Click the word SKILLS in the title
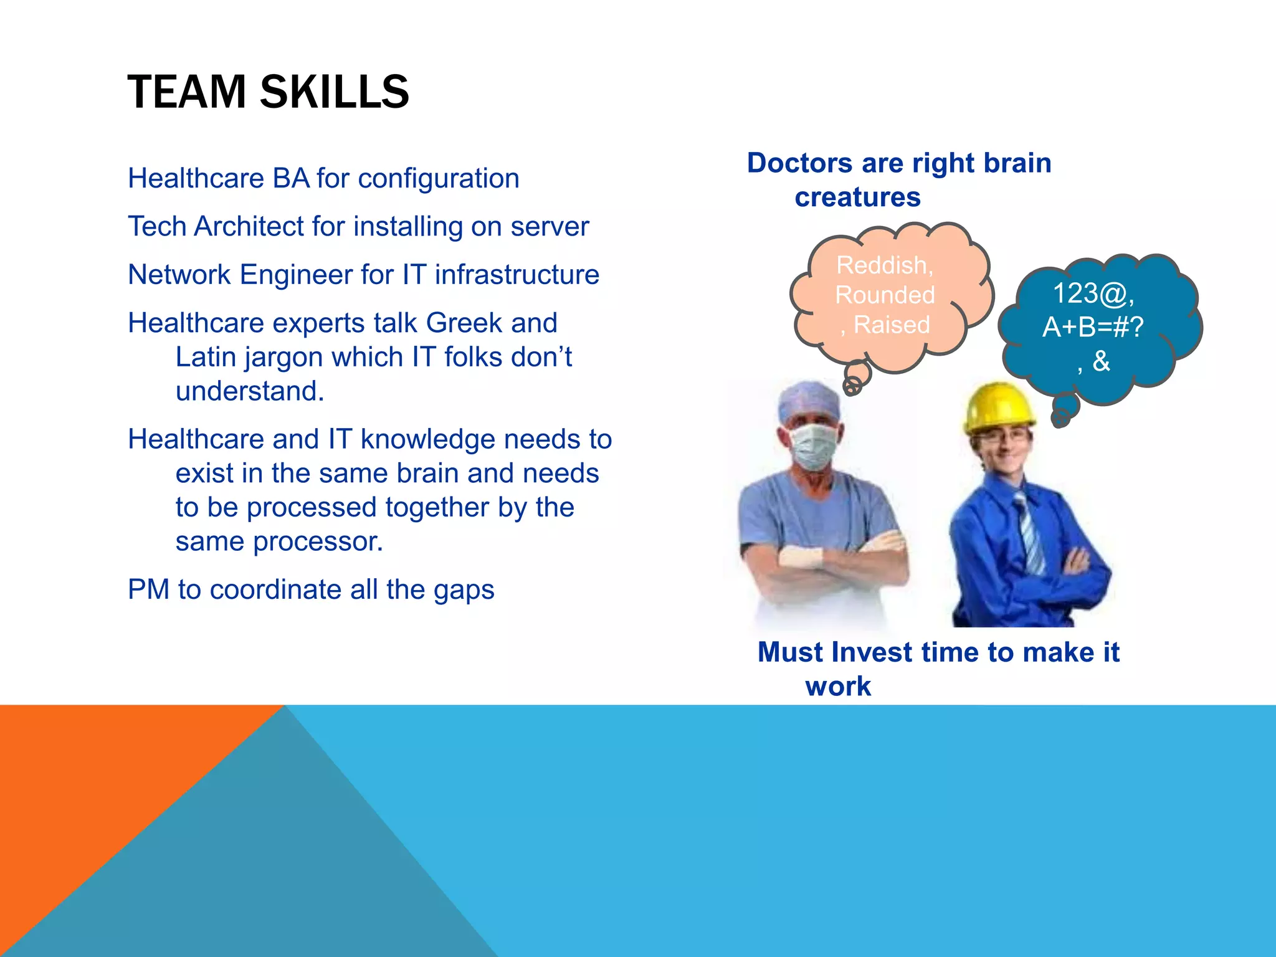click(334, 92)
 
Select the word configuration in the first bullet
click(438, 179)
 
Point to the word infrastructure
click(517, 275)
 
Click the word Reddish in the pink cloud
click(883, 265)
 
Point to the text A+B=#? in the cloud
click(1093, 327)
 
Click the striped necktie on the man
click(1028, 530)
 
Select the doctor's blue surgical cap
click(809, 402)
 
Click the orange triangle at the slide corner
click(93, 785)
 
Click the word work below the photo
click(837, 687)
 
